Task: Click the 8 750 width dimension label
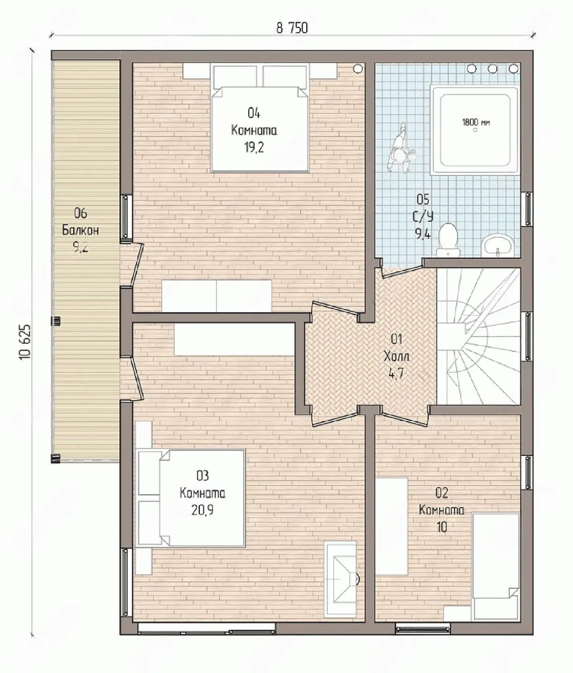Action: [x=292, y=28]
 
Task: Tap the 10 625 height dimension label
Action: [x=25, y=342]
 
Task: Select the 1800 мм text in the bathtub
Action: [x=476, y=123]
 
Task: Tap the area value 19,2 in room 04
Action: [x=254, y=148]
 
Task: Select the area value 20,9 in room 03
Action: [x=202, y=510]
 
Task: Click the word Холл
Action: [x=396, y=356]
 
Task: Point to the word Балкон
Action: [x=81, y=230]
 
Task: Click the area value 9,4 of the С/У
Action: [x=423, y=233]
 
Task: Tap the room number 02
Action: [x=442, y=493]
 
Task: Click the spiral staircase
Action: [x=478, y=336]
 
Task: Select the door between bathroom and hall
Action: [x=402, y=268]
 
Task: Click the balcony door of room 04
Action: [x=132, y=264]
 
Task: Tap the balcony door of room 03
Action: [x=132, y=378]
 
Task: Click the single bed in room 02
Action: [x=495, y=566]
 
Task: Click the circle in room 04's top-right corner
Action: [x=358, y=68]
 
